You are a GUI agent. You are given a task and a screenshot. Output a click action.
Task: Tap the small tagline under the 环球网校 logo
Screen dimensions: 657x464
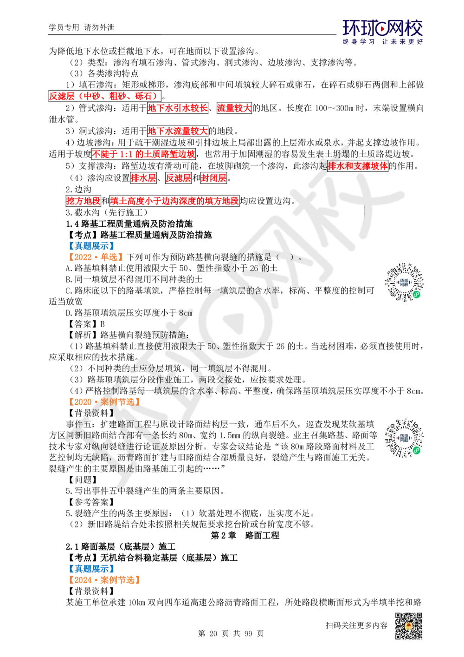coord(382,42)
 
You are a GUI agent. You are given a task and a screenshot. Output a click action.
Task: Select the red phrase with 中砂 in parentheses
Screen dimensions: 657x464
coord(103,96)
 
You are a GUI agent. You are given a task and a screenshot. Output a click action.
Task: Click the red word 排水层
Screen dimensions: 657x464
coord(142,177)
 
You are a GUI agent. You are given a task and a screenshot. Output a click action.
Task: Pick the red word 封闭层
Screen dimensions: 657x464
coord(213,177)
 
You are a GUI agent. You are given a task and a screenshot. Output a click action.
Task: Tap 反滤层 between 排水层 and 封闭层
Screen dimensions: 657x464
coord(179,177)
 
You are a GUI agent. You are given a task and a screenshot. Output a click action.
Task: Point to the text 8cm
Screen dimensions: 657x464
coord(185,313)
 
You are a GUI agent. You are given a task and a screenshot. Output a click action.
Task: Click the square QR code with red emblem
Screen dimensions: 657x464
coord(408,625)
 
